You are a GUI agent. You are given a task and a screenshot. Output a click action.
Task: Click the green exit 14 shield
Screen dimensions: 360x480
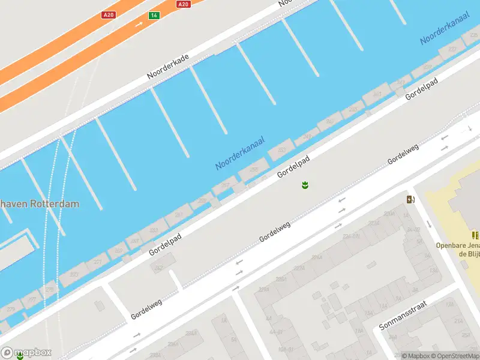(x=154, y=15)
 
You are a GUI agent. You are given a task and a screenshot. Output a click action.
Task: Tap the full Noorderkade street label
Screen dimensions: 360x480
(x=168, y=67)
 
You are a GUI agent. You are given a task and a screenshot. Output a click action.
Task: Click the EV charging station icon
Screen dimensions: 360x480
(x=410, y=199)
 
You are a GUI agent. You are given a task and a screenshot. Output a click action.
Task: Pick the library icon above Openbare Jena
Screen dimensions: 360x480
(x=475, y=235)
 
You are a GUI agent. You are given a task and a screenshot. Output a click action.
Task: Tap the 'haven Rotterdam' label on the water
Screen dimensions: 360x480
(x=40, y=204)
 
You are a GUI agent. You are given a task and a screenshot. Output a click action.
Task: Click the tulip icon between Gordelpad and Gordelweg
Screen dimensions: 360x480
(x=305, y=185)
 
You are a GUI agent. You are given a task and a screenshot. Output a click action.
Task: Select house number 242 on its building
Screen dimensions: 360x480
(x=159, y=268)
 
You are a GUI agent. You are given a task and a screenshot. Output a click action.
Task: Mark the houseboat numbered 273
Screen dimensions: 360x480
(x=74, y=274)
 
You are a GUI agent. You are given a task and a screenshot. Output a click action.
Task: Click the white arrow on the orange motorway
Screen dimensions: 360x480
(x=139, y=24)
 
